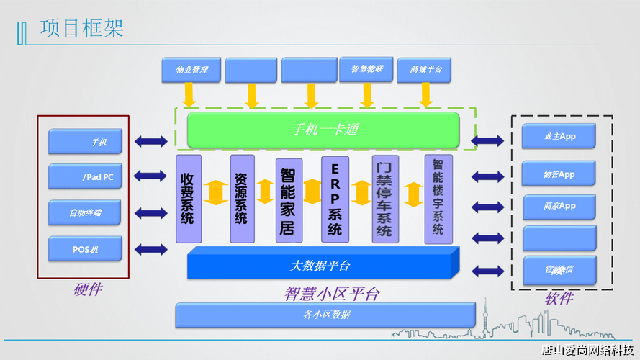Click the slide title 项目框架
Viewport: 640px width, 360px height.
[82, 28]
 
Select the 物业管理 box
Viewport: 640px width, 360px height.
[191, 70]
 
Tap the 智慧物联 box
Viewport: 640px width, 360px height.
[366, 69]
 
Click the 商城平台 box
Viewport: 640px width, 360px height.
[425, 69]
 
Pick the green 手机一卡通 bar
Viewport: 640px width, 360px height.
[323, 130]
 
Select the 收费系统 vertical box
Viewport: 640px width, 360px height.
[189, 197]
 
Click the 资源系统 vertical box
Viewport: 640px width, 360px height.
[242, 197]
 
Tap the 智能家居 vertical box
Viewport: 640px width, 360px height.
[288, 200]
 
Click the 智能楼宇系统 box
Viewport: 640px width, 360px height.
[438, 198]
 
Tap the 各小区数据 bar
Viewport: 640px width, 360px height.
[325, 315]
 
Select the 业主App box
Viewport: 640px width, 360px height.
[559, 136]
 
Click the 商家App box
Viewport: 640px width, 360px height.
[559, 207]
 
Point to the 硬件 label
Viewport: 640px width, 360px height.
[87, 289]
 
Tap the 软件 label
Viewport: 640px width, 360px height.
[559, 297]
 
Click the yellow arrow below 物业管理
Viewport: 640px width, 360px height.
[189, 94]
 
